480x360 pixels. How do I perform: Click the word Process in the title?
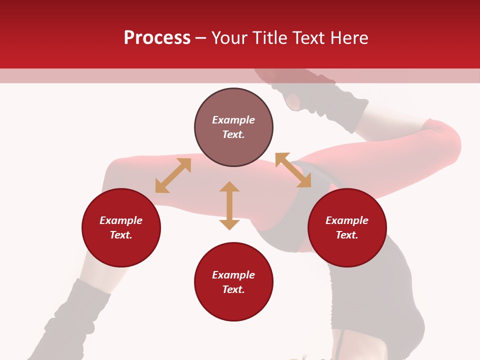[157, 38]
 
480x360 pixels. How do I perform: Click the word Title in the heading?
[270, 38]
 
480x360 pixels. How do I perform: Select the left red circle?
[121, 250]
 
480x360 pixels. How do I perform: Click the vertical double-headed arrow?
[229, 205]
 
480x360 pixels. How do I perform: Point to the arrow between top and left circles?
[173, 175]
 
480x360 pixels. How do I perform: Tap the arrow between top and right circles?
[293, 170]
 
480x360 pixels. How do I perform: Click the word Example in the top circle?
[233, 120]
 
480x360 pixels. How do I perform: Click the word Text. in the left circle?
[121, 235]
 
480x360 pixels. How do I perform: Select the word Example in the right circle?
[347, 220]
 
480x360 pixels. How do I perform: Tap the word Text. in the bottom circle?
[233, 289]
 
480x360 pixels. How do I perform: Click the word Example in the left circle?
[121, 220]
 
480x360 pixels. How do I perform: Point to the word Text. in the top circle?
[233, 134]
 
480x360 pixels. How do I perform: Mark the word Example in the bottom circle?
[233, 275]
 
